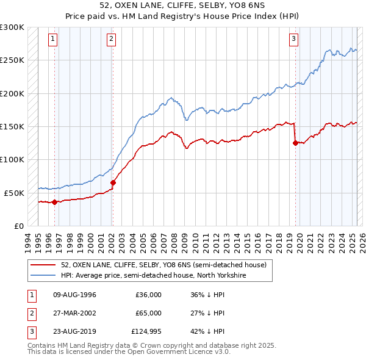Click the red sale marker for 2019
pos(295,143)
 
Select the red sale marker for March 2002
pos(113,182)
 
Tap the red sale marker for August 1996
pos(55,202)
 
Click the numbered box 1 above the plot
pos(54,40)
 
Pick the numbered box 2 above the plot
pos(112,40)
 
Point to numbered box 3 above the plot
pos(293,40)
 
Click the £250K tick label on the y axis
pos(12,60)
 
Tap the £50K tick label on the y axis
pos(15,193)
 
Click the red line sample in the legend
pos(43,265)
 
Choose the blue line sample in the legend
pos(43,276)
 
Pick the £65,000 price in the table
pos(148,313)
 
